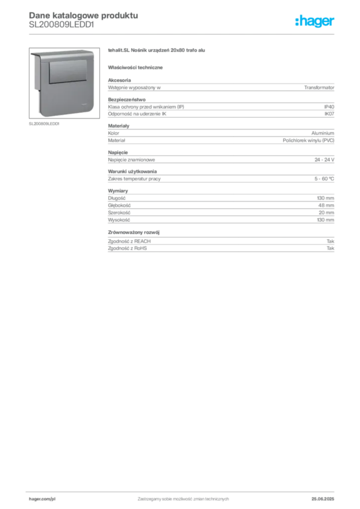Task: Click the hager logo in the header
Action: [x=315, y=21]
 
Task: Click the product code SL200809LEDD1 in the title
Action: [x=61, y=25]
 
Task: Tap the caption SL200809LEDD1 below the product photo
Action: [x=44, y=124]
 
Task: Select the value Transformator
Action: [x=319, y=87]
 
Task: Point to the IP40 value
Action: [x=329, y=107]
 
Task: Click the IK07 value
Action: [x=329, y=114]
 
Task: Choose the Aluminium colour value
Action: [x=323, y=133]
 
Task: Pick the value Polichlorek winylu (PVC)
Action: [x=308, y=141]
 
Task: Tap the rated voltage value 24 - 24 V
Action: [x=324, y=160]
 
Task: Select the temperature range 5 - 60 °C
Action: [x=324, y=179]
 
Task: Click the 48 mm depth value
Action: [x=326, y=205]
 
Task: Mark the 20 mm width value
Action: [x=326, y=213]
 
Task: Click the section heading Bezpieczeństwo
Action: [x=127, y=99]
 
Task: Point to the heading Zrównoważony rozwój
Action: [x=134, y=233]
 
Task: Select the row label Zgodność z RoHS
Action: [x=127, y=249]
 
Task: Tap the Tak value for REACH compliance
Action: [x=331, y=241]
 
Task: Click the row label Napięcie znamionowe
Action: [x=131, y=160]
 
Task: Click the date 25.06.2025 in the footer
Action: [x=323, y=499]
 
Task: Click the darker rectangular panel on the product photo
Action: [x=68, y=71]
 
